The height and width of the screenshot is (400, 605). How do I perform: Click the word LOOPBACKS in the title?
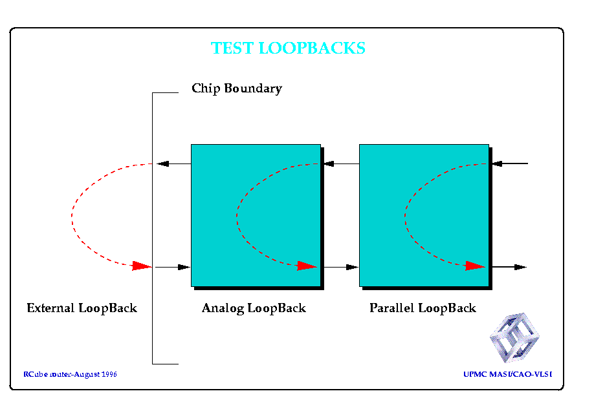click(312, 48)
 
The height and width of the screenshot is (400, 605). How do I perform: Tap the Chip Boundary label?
click(237, 89)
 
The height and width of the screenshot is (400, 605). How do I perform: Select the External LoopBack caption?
click(82, 308)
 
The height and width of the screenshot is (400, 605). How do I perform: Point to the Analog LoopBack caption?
click(254, 308)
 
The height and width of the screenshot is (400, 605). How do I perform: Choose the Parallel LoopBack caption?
click(423, 308)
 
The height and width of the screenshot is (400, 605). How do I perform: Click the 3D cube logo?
click(514, 337)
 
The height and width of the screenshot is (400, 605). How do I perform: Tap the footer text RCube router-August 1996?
click(70, 374)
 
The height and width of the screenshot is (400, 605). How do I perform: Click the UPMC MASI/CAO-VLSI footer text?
click(508, 374)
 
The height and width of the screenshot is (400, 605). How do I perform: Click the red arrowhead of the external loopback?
click(142, 266)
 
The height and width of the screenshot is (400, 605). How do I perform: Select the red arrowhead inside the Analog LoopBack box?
click(307, 266)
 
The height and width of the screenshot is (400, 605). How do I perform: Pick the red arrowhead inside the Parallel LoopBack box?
click(475, 266)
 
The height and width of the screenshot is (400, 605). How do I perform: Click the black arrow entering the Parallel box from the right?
click(510, 163)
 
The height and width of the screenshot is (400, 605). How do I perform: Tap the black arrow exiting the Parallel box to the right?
click(509, 267)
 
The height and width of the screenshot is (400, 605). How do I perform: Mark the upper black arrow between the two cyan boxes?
click(342, 163)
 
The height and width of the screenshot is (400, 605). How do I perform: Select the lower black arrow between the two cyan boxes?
click(342, 267)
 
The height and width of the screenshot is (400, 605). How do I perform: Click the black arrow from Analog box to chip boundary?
click(173, 163)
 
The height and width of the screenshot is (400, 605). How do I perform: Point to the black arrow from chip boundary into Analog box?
click(173, 267)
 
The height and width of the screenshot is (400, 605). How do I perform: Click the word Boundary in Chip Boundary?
click(253, 89)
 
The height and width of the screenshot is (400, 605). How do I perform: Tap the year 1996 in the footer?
click(109, 374)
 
